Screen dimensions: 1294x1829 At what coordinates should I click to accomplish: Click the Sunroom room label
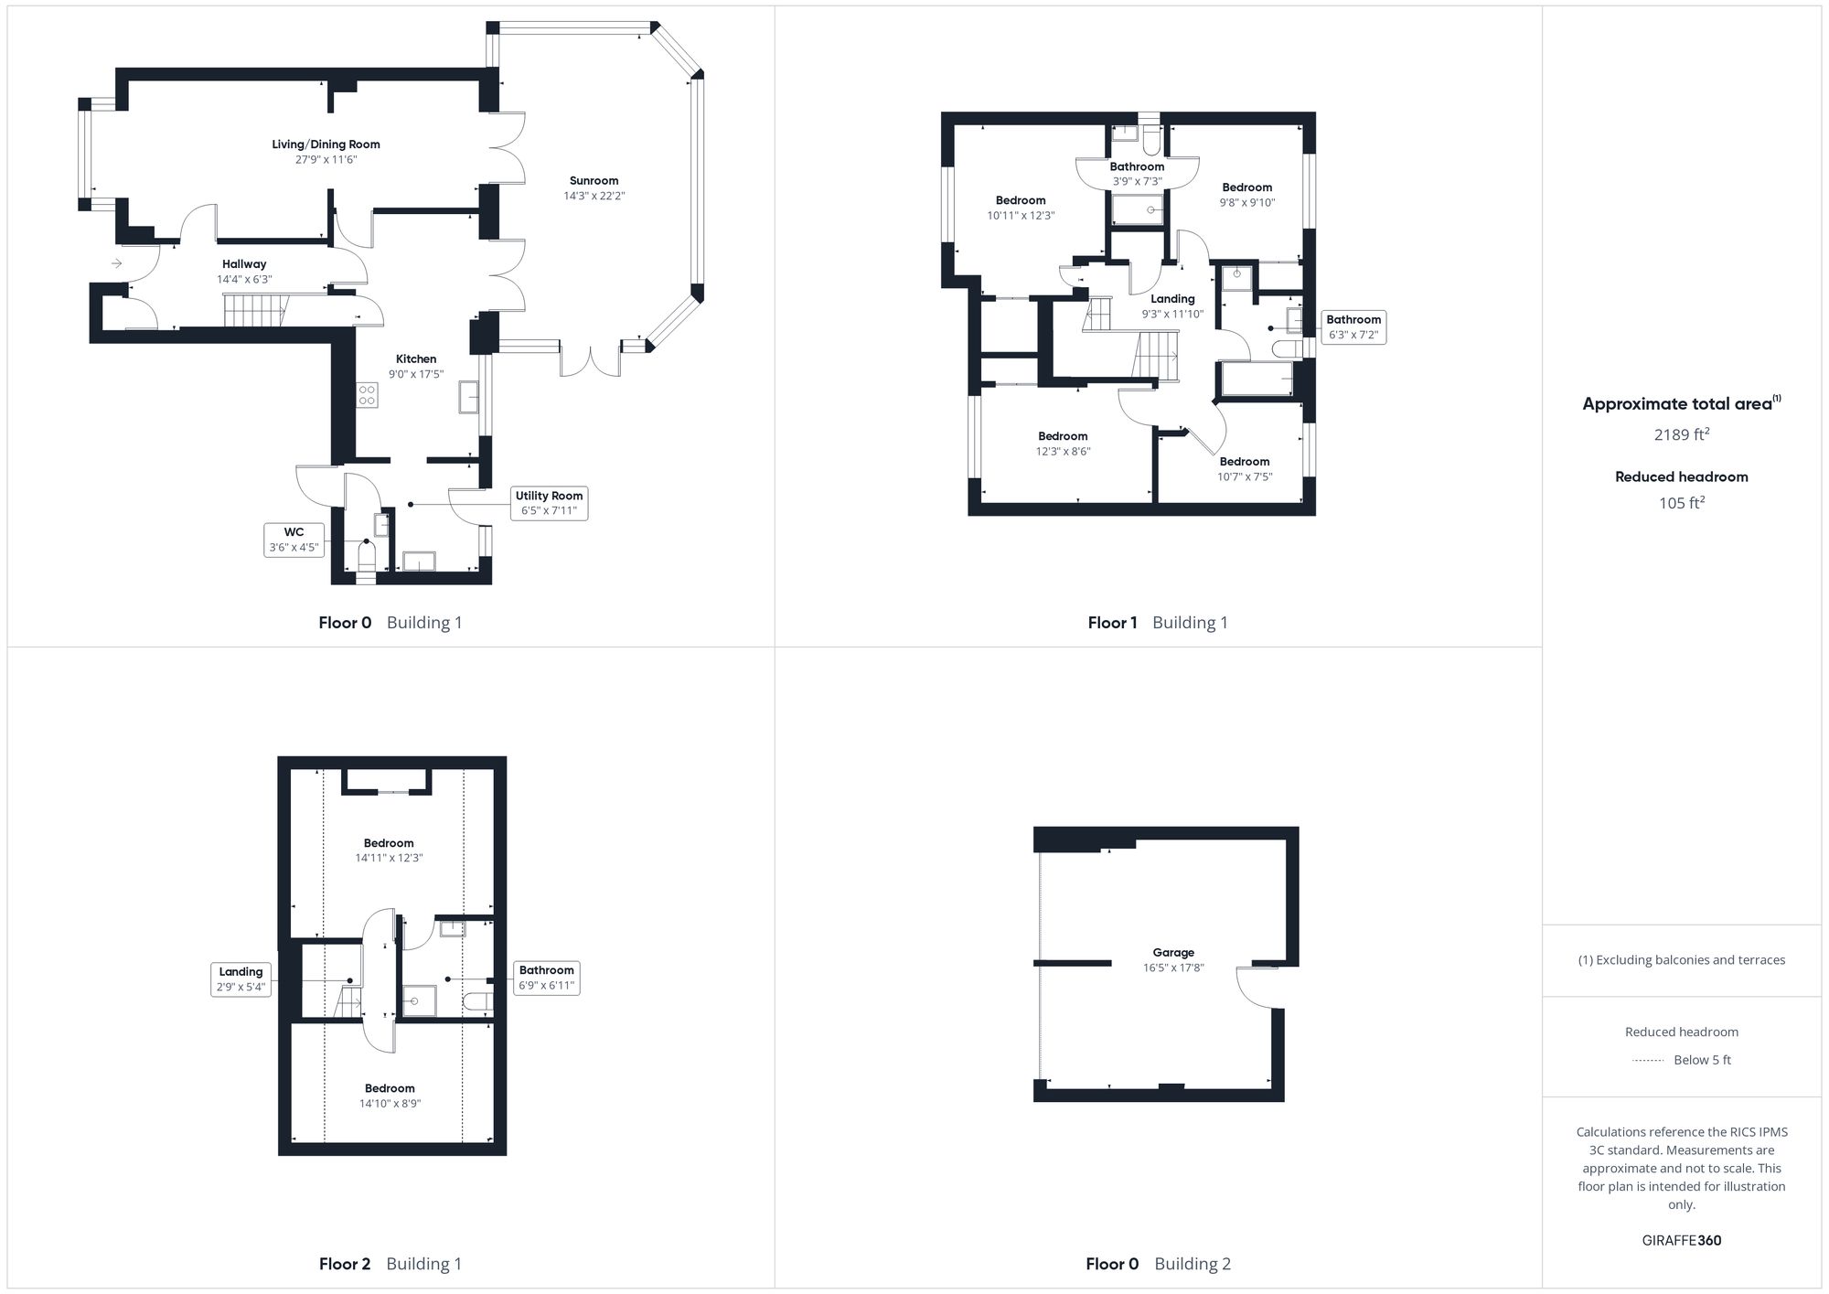tap(594, 181)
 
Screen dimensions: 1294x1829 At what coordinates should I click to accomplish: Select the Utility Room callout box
tap(549, 503)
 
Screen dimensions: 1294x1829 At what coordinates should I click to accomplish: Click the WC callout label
tap(294, 540)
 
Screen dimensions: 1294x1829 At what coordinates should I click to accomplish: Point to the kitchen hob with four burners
tap(367, 395)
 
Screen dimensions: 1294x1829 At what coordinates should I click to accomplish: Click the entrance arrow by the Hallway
tap(117, 263)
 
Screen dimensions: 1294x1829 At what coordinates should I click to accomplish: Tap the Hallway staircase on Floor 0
tap(255, 311)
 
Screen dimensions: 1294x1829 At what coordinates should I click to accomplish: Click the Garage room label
tap(1173, 952)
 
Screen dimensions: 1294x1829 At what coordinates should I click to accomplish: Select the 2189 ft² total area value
tap(1681, 434)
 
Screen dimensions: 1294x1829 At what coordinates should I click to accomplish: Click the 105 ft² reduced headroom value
tap(1681, 503)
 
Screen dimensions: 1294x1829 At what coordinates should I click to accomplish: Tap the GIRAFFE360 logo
tap(1681, 1241)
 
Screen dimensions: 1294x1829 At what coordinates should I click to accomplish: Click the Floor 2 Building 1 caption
tap(390, 1264)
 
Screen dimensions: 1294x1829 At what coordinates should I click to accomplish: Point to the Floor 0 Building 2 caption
tap(1158, 1264)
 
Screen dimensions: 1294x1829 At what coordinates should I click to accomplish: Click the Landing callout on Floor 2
tap(241, 979)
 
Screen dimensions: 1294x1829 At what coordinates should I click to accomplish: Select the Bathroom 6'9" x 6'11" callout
tap(546, 978)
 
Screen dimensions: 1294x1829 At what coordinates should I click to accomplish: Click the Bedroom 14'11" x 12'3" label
tap(389, 850)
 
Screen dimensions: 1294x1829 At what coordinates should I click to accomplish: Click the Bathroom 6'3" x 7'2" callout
tap(1353, 326)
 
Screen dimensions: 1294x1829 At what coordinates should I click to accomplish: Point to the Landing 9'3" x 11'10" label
tap(1172, 306)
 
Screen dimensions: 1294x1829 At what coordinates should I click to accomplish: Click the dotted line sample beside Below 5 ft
tap(1648, 1061)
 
